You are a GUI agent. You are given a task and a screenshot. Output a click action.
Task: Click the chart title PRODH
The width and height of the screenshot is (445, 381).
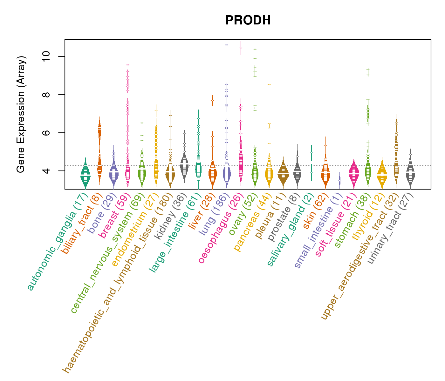(248, 21)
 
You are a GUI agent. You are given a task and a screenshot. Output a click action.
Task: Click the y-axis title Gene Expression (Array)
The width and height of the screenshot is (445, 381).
(21, 114)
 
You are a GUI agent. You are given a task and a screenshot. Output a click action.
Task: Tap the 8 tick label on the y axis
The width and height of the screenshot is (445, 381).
(46, 95)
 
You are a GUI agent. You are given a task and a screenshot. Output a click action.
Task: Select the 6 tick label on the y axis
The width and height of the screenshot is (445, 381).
(46, 133)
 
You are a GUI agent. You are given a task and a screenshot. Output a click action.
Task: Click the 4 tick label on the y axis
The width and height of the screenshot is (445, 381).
(46, 171)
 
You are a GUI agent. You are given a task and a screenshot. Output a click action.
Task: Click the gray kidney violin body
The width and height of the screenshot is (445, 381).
(184, 165)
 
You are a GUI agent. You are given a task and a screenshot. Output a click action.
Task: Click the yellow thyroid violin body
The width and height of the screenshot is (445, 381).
(382, 175)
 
